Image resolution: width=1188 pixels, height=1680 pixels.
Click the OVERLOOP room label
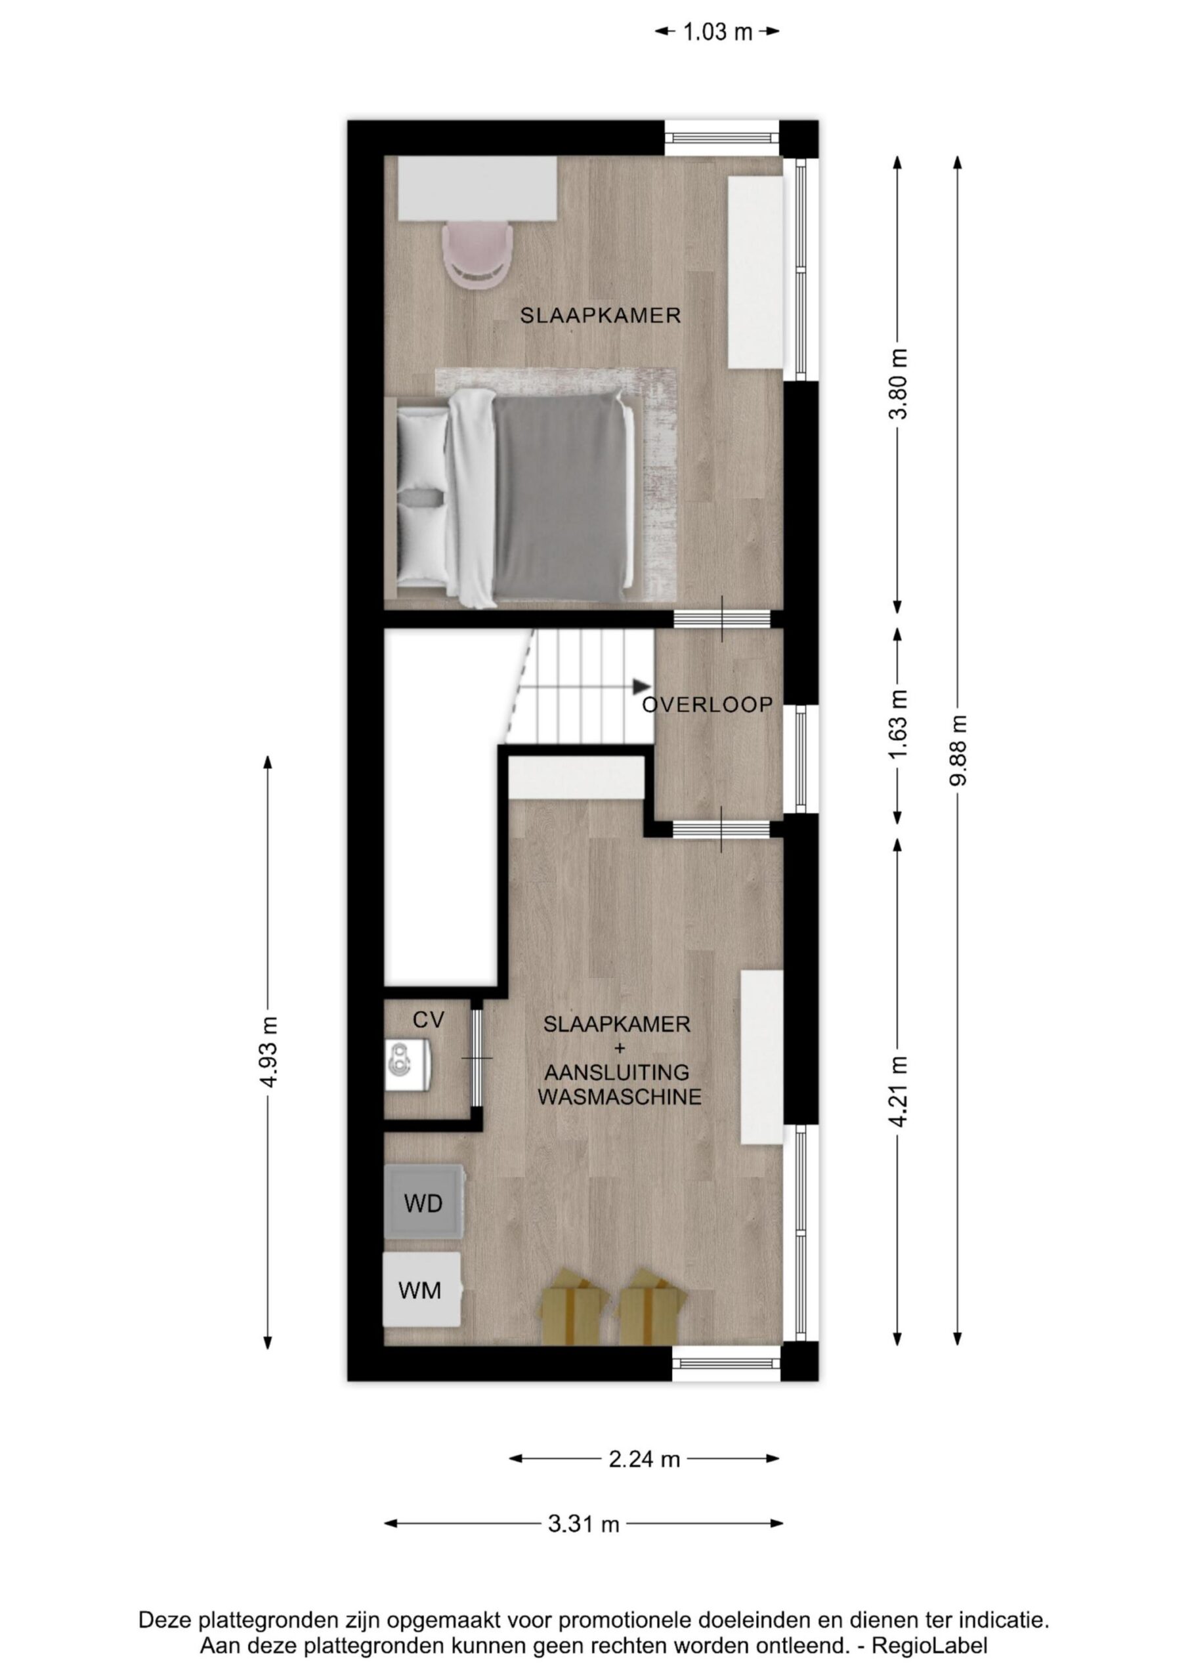[708, 705]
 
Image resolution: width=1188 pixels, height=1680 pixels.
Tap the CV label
[429, 1020]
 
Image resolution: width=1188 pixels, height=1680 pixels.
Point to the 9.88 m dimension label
[958, 750]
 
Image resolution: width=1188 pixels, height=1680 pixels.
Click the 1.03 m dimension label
[717, 31]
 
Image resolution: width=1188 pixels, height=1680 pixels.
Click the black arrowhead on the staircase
[642, 686]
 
